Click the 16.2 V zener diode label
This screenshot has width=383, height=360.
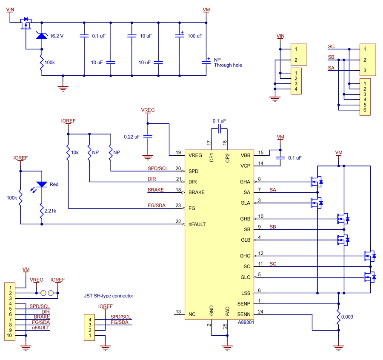[x=57, y=36]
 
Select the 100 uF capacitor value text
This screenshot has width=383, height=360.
[x=195, y=36]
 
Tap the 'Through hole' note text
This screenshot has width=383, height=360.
[x=228, y=65]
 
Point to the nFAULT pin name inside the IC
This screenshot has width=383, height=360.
[x=197, y=224]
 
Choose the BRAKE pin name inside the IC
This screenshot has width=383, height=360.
[x=197, y=192]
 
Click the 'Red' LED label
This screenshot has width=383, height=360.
[x=54, y=185]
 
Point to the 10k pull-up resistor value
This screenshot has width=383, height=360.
[x=75, y=152]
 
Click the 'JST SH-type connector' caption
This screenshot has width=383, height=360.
[x=109, y=296]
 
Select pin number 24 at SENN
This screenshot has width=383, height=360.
[x=261, y=311]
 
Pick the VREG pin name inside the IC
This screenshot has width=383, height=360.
[x=196, y=155]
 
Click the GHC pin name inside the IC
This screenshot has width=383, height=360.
[x=245, y=256]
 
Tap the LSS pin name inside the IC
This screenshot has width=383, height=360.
[x=246, y=293]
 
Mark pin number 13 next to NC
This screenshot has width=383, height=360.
[x=178, y=311]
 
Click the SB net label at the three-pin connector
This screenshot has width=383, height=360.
[x=331, y=57]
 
